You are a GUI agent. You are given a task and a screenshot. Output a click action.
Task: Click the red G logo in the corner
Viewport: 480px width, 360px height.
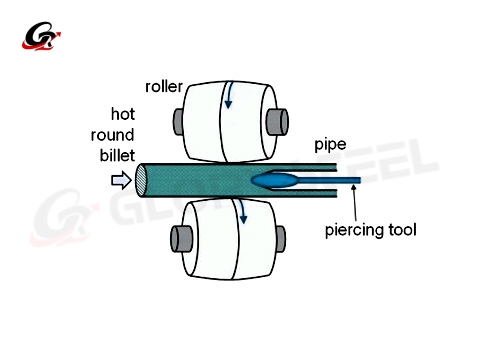42,40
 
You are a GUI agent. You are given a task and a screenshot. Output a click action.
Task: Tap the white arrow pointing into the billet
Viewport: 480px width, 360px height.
119,181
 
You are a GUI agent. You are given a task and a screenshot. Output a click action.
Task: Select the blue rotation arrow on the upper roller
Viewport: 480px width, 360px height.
230,96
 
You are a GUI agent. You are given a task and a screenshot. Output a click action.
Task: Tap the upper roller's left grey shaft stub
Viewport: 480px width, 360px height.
179,121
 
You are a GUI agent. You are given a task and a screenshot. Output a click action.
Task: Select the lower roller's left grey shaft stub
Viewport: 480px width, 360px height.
182,239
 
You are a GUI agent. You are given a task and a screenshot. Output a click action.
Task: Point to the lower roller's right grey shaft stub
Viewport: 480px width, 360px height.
280,238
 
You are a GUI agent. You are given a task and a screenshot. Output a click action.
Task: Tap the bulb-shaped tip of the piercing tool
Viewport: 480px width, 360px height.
276,181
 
